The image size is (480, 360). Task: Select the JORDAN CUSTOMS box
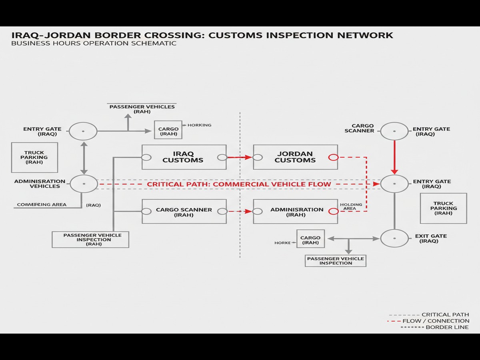(295, 157)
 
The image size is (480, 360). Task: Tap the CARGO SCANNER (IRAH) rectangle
(184, 212)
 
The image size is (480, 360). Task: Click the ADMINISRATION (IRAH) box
(296, 212)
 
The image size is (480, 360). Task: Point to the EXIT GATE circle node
(394, 238)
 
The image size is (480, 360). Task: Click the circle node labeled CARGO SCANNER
(394, 131)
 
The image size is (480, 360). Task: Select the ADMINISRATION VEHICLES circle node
(84, 184)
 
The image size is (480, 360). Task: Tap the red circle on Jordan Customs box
(333, 157)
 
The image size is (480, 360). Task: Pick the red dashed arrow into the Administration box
(240, 211)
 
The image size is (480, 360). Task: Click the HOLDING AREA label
(351, 206)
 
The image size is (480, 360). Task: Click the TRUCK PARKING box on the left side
(34, 158)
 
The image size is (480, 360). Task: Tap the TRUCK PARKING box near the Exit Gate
(443, 208)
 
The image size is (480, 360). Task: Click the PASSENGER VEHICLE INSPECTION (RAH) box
(90, 239)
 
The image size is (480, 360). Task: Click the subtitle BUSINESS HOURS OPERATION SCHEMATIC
(94, 43)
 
